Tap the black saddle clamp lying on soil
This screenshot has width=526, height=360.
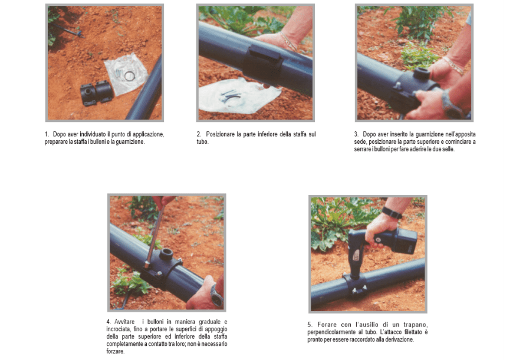tap(96, 93)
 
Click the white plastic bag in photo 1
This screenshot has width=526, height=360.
tap(126, 74)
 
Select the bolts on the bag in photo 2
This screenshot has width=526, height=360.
tap(231, 95)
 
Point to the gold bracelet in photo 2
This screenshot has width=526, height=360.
tap(289, 41)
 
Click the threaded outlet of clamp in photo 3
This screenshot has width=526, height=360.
tap(422, 73)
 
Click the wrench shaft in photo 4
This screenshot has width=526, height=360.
tap(155, 234)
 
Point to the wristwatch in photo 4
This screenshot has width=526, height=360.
tap(216, 295)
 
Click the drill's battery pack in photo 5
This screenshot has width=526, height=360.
tap(404, 240)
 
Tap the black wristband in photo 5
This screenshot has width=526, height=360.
tap(392, 213)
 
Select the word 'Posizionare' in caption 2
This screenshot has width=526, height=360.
tap(221, 134)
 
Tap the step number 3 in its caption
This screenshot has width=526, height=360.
tap(356, 134)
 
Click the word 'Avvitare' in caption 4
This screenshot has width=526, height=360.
tap(124, 322)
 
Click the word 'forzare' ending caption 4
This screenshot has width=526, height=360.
tap(116, 351)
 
